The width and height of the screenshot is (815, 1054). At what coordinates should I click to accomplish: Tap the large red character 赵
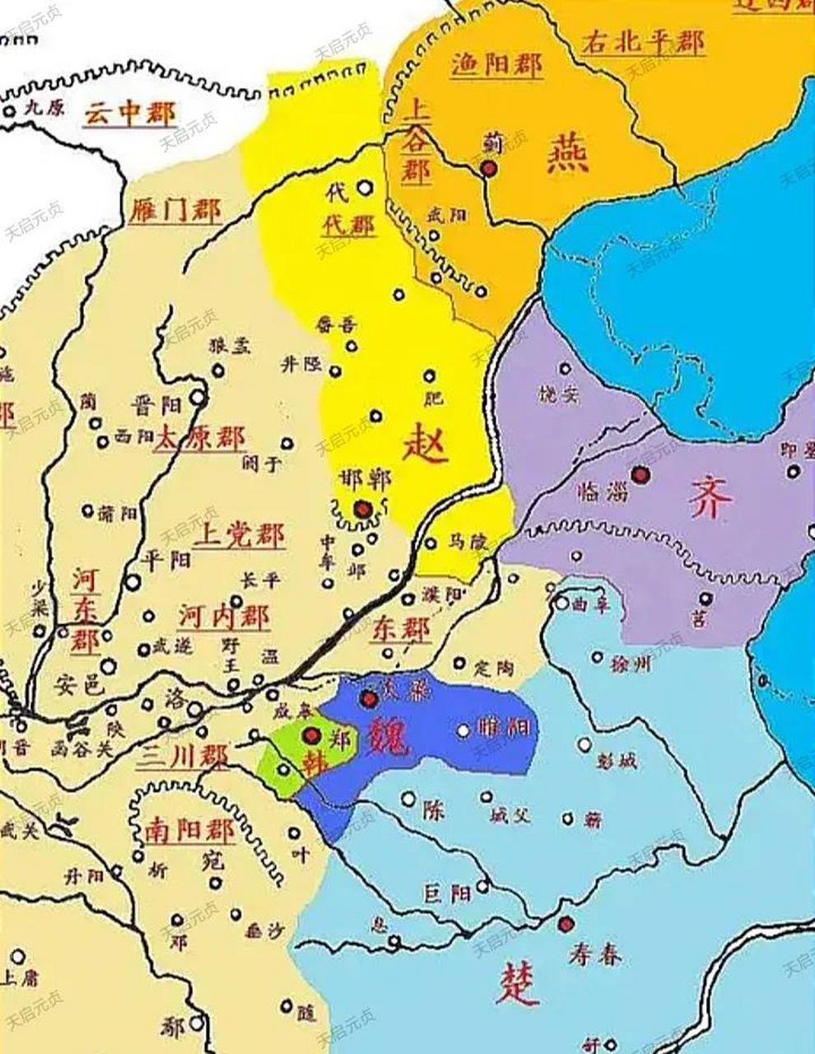(425, 447)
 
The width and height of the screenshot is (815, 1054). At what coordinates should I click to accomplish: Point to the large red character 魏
(387, 735)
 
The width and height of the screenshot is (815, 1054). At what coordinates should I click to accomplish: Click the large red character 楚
(519, 985)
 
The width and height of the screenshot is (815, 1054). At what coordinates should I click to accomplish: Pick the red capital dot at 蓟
(489, 169)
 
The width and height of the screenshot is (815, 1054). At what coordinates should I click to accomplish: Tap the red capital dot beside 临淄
(639, 473)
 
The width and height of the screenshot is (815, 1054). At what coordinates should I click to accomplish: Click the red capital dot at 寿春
(565, 924)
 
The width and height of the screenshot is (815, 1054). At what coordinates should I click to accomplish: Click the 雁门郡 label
(175, 211)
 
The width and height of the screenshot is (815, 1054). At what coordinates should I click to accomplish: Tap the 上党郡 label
(239, 537)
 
